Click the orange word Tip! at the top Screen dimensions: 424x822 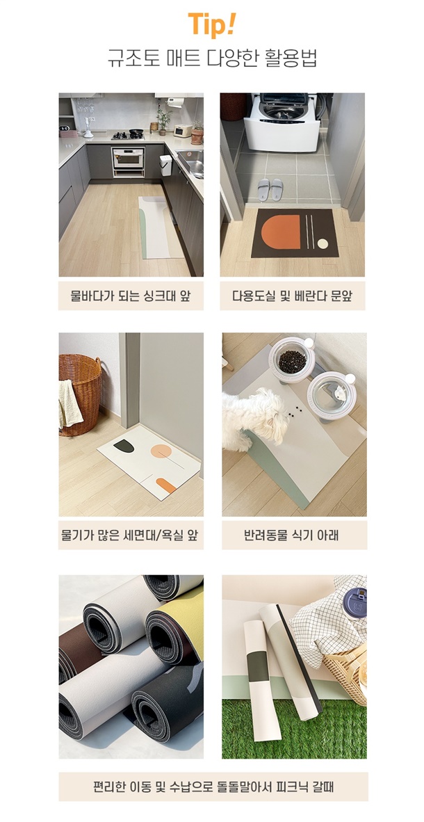(x=212, y=24)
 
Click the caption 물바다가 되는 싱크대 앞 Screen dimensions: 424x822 (x=131, y=296)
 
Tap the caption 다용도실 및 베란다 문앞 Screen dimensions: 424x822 (x=293, y=296)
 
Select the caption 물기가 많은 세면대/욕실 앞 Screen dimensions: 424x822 (x=131, y=535)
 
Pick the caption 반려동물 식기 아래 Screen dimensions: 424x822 (x=294, y=535)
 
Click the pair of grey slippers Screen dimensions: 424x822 (x=270, y=189)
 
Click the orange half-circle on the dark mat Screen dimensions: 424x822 (x=282, y=232)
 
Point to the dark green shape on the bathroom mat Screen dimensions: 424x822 (x=124, y=446)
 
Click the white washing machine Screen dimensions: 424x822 (x=282, y=122)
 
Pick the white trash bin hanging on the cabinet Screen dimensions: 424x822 (x=166, y=165)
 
